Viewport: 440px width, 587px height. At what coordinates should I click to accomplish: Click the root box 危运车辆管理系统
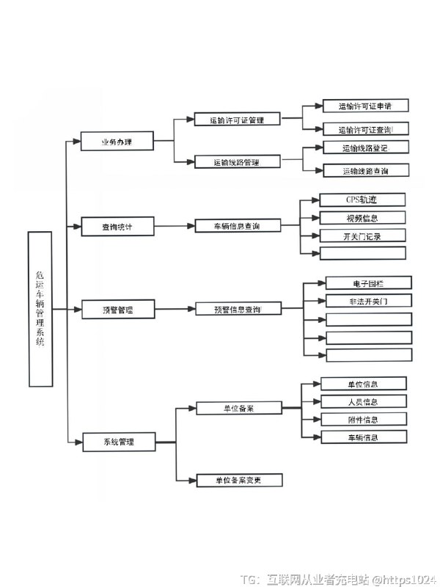pos(40,309)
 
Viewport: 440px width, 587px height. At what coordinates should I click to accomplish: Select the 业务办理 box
pos(117,142)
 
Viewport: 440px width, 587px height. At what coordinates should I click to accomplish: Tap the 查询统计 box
pos(117,227)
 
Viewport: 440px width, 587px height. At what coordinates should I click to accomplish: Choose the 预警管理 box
pos(117,310)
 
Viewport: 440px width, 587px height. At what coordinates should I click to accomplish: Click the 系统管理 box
pos(118,442)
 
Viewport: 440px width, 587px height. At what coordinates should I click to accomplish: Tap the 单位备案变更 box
pos(239,481)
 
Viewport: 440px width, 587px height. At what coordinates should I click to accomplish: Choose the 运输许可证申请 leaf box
pos(365,106)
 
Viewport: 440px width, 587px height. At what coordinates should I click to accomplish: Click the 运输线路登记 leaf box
pos(365,148)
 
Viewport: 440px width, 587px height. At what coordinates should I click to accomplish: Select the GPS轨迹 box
pos(363,200)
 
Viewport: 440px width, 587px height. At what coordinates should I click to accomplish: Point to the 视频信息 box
pos(363,218)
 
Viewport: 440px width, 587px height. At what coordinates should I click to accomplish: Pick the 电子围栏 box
pos(368,282)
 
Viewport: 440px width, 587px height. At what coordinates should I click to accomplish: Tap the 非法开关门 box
pos(368,301)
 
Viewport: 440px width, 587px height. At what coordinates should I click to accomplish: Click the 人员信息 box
pos(363,401)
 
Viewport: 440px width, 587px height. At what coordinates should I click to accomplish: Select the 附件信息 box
pos(363,420)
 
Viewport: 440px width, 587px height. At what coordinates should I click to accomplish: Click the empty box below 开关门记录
pos(363,253)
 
